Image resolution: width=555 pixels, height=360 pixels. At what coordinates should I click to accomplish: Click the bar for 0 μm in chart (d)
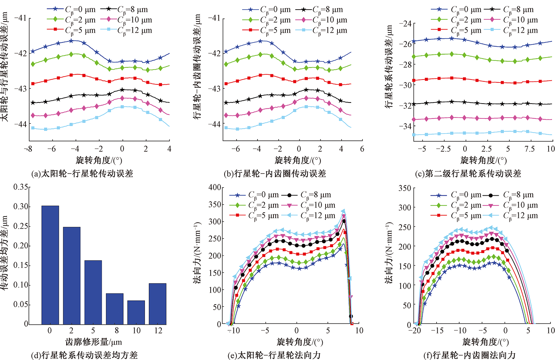50,265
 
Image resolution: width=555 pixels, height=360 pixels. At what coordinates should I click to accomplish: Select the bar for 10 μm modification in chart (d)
136,312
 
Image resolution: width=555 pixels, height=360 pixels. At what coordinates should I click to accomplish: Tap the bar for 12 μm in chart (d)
158,304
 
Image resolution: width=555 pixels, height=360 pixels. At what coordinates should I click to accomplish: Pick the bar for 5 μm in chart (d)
93,292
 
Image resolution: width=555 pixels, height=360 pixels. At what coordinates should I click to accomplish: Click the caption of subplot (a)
83,174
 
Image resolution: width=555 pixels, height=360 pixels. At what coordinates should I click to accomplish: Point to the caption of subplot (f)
469,355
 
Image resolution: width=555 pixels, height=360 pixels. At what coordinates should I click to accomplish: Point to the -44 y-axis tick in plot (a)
20,124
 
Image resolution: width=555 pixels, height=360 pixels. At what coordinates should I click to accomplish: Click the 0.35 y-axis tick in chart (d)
21,187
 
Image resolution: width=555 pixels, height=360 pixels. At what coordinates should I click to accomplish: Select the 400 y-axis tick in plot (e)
215,187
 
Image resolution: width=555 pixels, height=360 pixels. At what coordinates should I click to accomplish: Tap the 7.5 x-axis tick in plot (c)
529,149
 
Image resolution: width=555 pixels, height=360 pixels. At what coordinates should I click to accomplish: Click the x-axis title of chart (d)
94,342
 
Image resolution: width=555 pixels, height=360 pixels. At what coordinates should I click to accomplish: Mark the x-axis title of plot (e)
300,342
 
